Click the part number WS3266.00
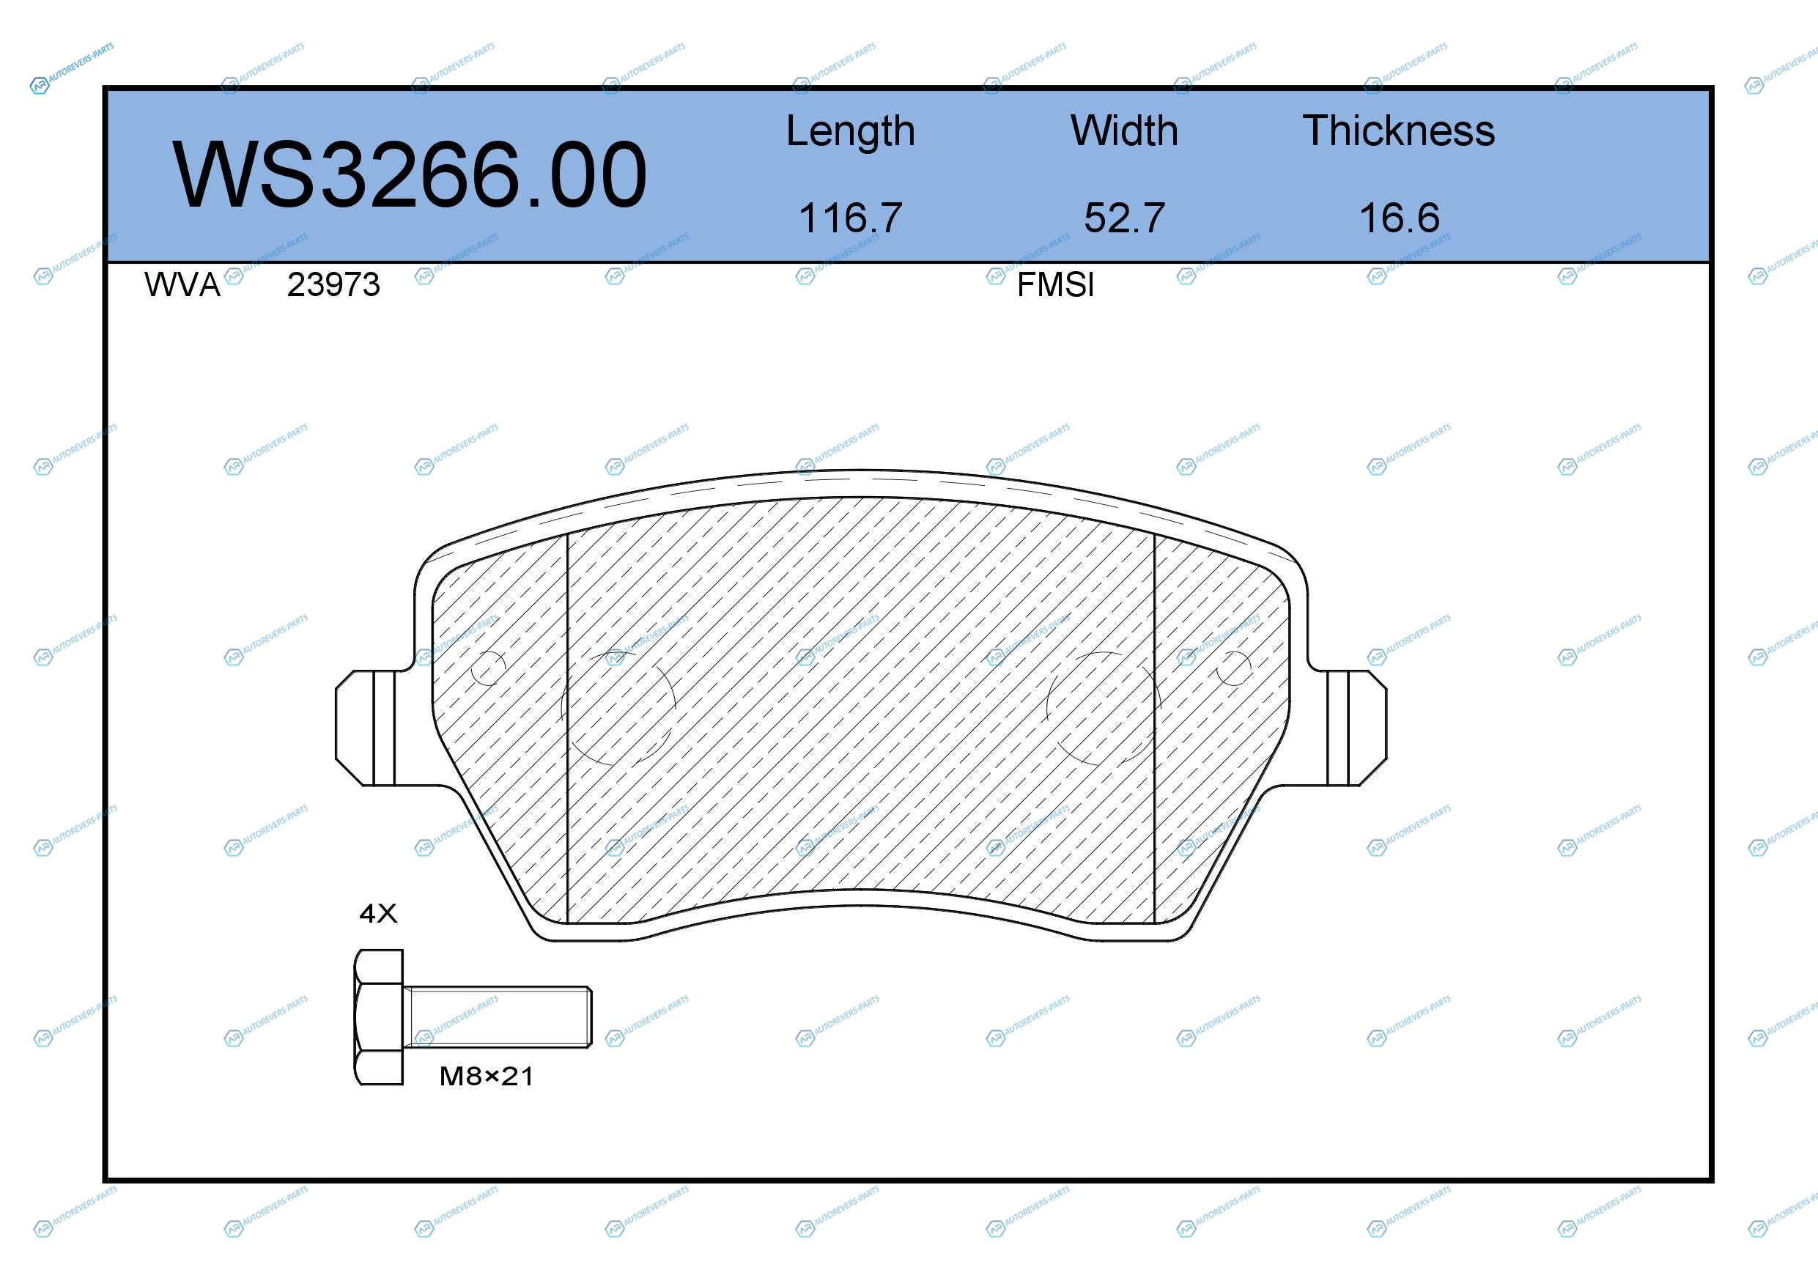[x=410, y=174]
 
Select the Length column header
[x=851, y=131]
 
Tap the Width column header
[x=1124, y=130]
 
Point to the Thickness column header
[x=1399, y=130]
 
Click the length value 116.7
[x=851, y=218]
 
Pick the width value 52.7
[x=1124, y=218]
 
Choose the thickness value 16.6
[x=1399, y=218]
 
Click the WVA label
[x=182, y=284]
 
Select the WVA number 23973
[x=333, y=284]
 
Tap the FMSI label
[x=1055, y=284]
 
